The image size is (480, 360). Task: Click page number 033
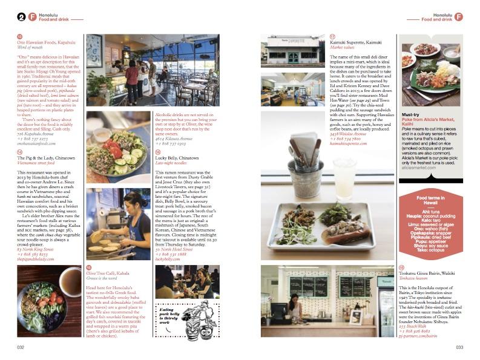tap(459, 347)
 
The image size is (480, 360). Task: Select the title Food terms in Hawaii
tap(430, 200)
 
